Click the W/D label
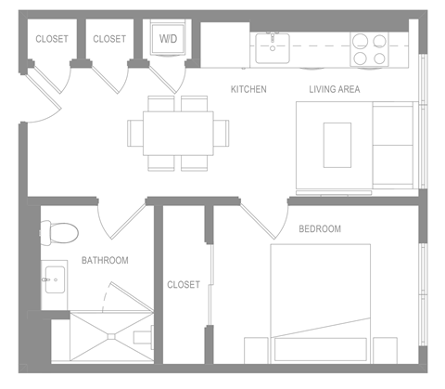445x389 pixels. (x=168, y=39)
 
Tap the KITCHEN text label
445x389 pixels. (x=248, y=89)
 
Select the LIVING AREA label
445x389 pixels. (x=334, y=89)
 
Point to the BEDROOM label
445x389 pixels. (x=319, y=228)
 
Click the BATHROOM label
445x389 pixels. (x=105, y=260)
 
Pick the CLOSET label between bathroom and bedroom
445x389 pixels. (x=183, y=285)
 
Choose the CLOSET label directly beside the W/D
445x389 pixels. (x=109, y=39)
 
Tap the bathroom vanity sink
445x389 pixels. (x=53, y=277)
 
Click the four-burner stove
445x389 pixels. (x=368, y=48)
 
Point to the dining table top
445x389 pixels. (x=177, y=134)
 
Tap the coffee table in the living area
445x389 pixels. (x=337, y=144)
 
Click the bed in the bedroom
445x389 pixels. (x=320, y=302)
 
